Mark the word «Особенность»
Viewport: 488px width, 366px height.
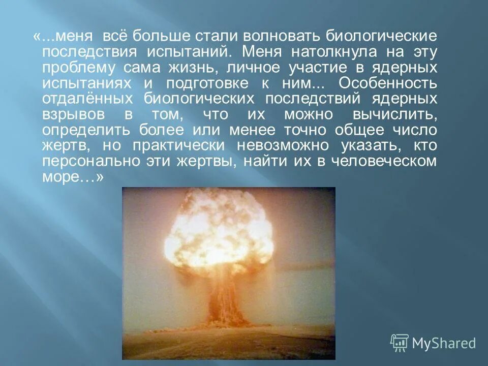coord(386,84)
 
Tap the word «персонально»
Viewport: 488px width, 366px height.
coord(87,162)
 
